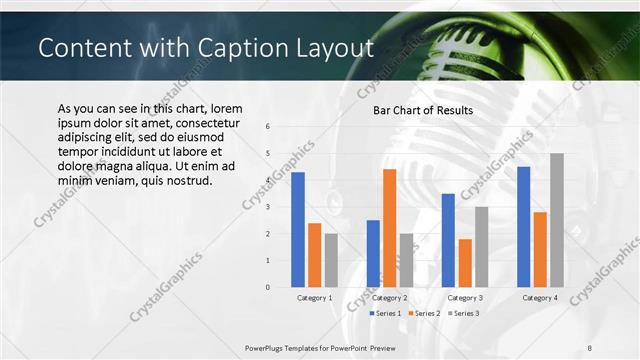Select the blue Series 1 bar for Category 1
(298, 230)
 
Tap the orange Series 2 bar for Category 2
(389, 228)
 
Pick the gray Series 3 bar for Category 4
(556, 220)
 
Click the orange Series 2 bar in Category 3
(465, 263)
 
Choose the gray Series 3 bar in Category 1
(331, 260)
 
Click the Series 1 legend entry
(386, 314)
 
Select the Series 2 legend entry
(423, 314)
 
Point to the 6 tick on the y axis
(267, 126)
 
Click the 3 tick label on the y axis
(267, 207)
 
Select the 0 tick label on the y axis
(267, 287)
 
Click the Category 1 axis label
(315, 298)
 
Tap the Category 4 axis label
(540, 298)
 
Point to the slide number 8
(590, 349)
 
